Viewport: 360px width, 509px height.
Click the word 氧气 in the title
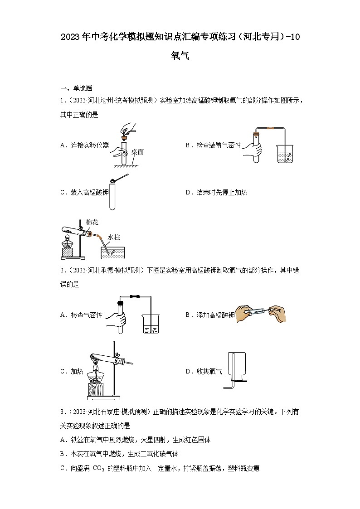[x=180, y=56]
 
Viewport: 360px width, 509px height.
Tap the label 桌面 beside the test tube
[x=137, y=152]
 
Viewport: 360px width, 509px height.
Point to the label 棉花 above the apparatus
[x=91, y=222]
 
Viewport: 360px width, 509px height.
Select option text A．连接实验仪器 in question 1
[x=85, y=145]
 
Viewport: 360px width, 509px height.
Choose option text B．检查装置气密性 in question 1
[x=213, y=145]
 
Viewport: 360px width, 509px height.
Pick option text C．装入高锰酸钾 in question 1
[x=85, y=192]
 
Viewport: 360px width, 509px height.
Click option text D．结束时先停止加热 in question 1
[x=216, y=192]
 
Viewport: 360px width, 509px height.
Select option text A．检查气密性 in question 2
[x=82, y=315]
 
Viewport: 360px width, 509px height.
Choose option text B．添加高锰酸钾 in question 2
[x=210, y=315]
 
